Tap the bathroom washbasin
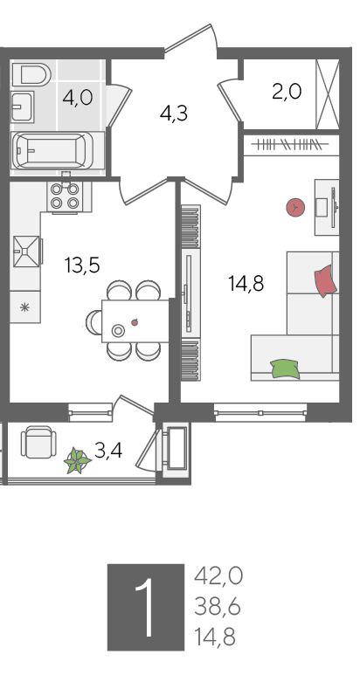coord(22,107)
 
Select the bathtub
coord(52,150)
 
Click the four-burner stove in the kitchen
coord(65,196)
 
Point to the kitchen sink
coord(26,251)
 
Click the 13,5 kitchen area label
coord(82,265)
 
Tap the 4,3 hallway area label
coord(174,114)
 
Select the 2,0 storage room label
coord(287,92)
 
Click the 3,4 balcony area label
coord(108,451)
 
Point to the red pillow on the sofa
coord(325,281)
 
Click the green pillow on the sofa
coord(285,369)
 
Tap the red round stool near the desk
coord(295,208)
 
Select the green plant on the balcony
coord(78,460)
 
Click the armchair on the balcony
coord(38,442)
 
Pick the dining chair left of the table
coord(94,322)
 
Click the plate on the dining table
coord(118,331)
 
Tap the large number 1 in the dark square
coord(145,607)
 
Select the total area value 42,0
coord(218,577)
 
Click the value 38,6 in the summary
coord(218,607)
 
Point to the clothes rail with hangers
coord(291,144)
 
